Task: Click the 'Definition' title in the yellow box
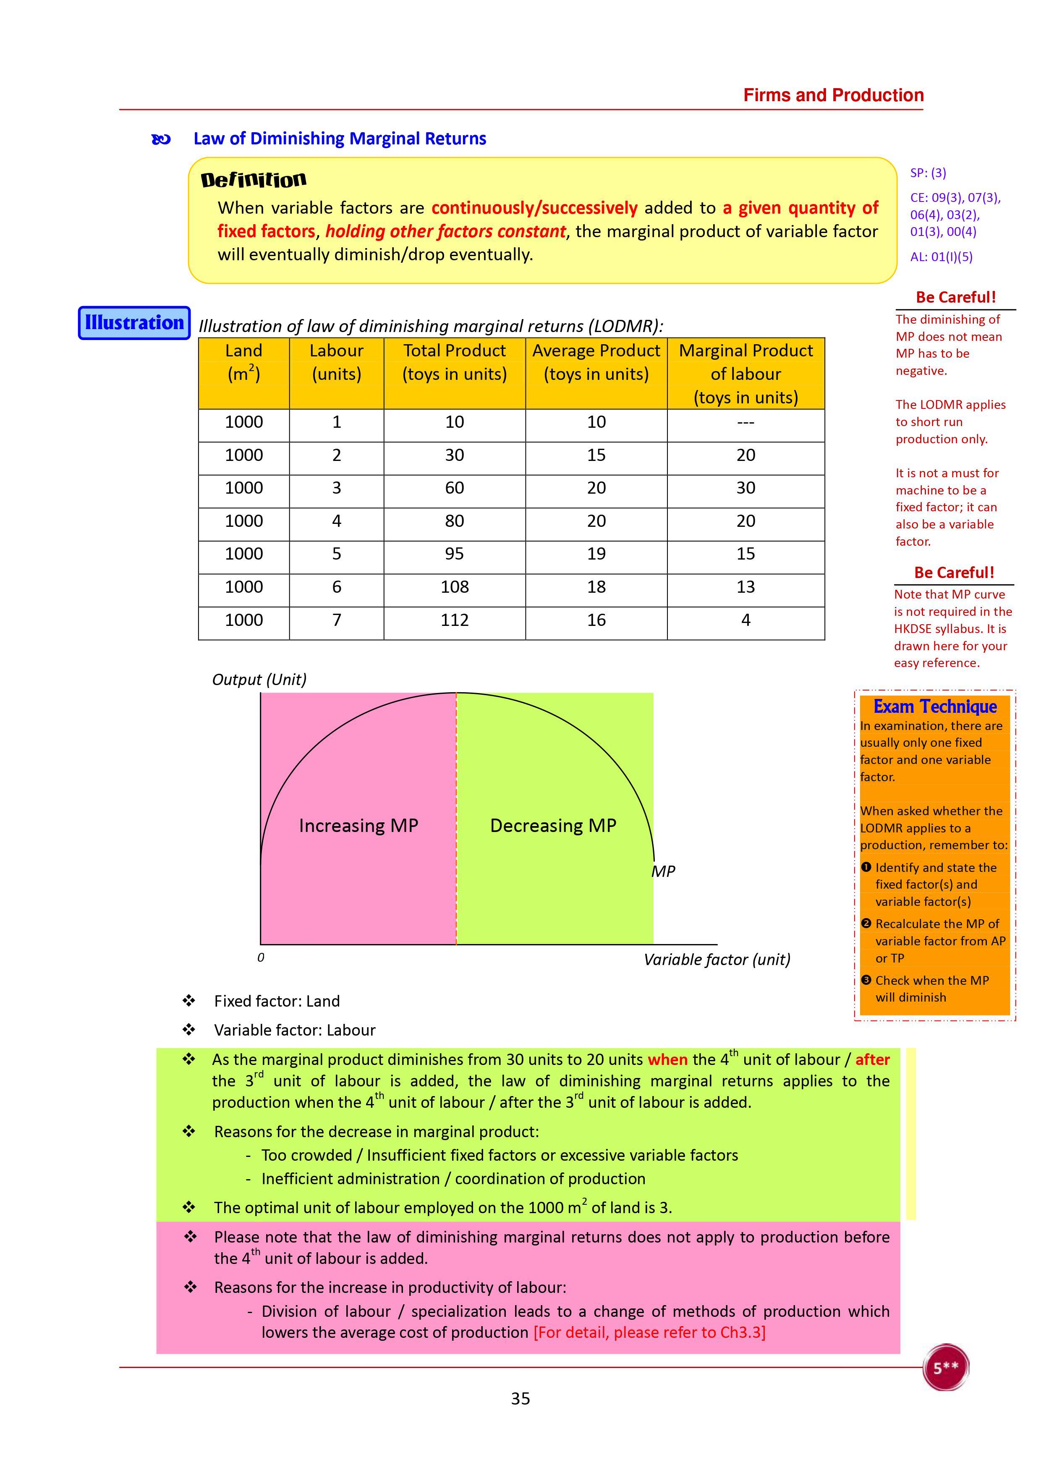coord(254,180)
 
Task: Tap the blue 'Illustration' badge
coord(134,323)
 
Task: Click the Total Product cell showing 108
coord(454,587)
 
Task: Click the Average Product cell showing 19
coord(596,554)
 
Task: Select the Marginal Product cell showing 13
coord(745,587)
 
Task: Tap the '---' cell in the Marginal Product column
coord(745,422)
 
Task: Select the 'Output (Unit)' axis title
coord(259,679)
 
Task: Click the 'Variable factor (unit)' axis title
coord(717,959)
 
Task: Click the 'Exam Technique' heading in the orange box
coord(934,706)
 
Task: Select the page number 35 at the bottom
coord(520,1399)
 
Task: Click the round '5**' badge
coord(945,1367)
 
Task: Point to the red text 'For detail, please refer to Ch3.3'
coord(649,1332)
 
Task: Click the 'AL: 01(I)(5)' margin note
coord(941,256)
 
